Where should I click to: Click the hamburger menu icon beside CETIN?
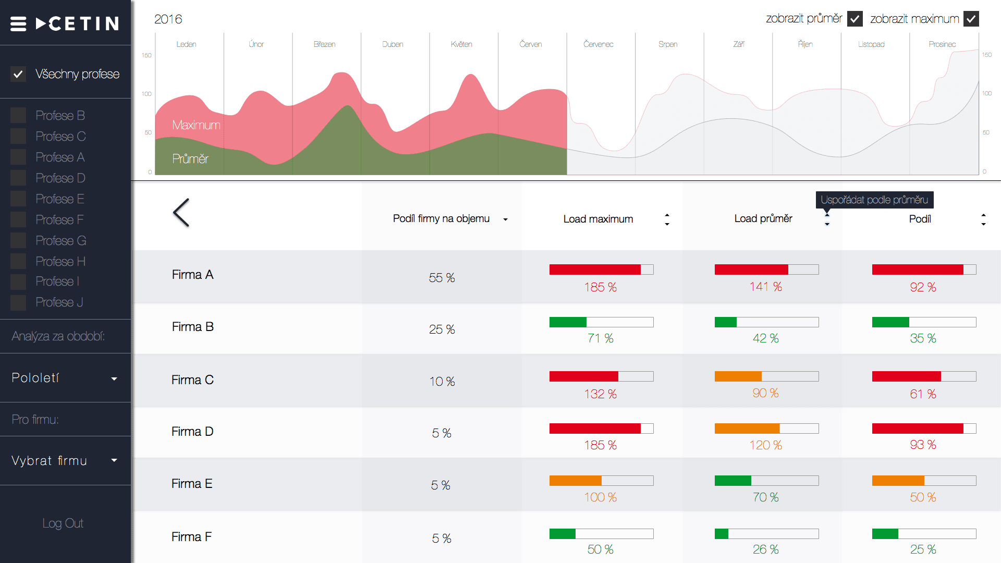(x=18, y=24)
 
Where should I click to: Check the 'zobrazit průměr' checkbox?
(x=855, y=19)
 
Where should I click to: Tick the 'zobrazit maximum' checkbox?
(x=971, y=19)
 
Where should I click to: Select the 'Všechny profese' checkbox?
(x=18, y=74)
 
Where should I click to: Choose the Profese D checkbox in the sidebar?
(x=18, y=178)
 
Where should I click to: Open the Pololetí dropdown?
(x=65, y=378)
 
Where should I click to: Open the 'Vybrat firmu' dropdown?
(x=65, y=461)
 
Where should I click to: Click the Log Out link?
(x=63, y=523)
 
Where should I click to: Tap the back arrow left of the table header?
(x=181, y=213)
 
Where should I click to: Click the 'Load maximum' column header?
(x=598, y=219)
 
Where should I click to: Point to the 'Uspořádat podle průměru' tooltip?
(x=874, y=200)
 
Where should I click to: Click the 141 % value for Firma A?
(x=765, y=287)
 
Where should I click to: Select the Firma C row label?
(x=192, y=380)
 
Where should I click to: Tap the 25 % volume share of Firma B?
(x=442, y=329)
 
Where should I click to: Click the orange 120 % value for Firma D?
(x=765, y=445)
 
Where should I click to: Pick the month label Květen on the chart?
(x=461, y=44)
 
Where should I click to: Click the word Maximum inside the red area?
(x=196, y=125)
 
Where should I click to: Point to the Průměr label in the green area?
(x=190, y=159)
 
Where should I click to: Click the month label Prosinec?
(x=942, y=44)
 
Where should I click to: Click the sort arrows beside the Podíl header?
(x=983, y=219)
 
